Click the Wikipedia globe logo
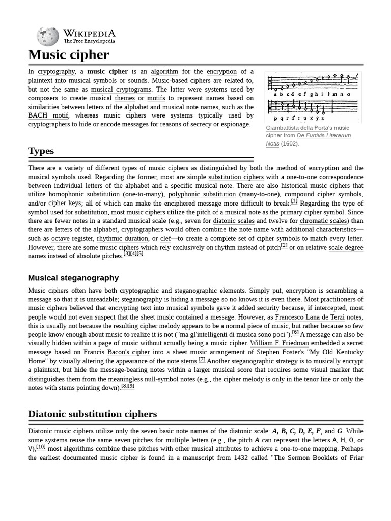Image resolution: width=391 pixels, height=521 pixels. click(47, 36)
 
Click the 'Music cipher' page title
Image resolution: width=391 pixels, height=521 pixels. click(68, 54)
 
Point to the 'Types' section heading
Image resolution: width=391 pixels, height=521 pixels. click(41, 151)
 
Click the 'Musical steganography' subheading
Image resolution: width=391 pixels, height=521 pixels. click(73, 278)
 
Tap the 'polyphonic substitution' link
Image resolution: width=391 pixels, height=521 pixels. click(202, 194)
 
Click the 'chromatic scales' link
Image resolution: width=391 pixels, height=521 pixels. click(323, 221)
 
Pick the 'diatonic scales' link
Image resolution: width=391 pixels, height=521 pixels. click(233, 221)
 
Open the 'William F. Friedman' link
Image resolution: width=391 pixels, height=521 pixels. click(280, 343)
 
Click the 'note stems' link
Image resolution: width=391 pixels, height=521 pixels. click(182, 361)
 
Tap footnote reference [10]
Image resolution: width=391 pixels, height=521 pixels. click(41, 447)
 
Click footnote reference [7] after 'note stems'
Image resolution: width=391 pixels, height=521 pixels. click(202, 359)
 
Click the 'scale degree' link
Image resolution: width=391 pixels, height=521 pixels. click(346, 247)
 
